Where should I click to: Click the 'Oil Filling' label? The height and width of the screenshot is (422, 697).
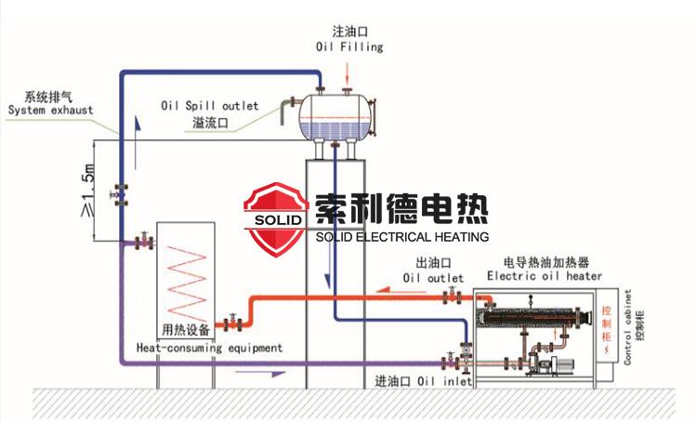tap(348, 46)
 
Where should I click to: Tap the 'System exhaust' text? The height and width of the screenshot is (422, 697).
tap(51, 111)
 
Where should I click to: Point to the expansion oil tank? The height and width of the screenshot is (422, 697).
tap(335, 114)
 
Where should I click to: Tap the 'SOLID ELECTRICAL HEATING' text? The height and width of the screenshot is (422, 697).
tap(401, 237)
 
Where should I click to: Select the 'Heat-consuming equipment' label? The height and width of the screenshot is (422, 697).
tap(208, 348)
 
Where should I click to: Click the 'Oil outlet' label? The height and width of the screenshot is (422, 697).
tap(433, 277)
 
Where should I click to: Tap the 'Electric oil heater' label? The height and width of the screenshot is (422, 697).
tap(545, 276)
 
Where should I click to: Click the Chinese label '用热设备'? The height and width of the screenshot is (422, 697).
tap(186, 329)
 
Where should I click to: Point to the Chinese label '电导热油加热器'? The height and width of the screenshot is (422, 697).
tap(543, 262)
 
